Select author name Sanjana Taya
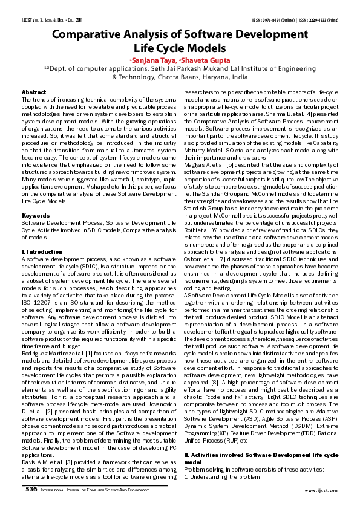click(154, 60)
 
